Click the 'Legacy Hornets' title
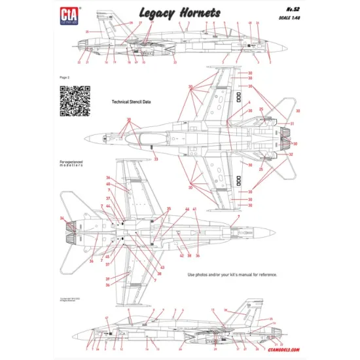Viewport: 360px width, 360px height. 179,12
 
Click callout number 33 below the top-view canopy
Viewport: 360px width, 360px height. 156,159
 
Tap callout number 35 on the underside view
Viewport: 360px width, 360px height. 169,209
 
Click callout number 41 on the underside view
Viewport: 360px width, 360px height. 194,209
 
